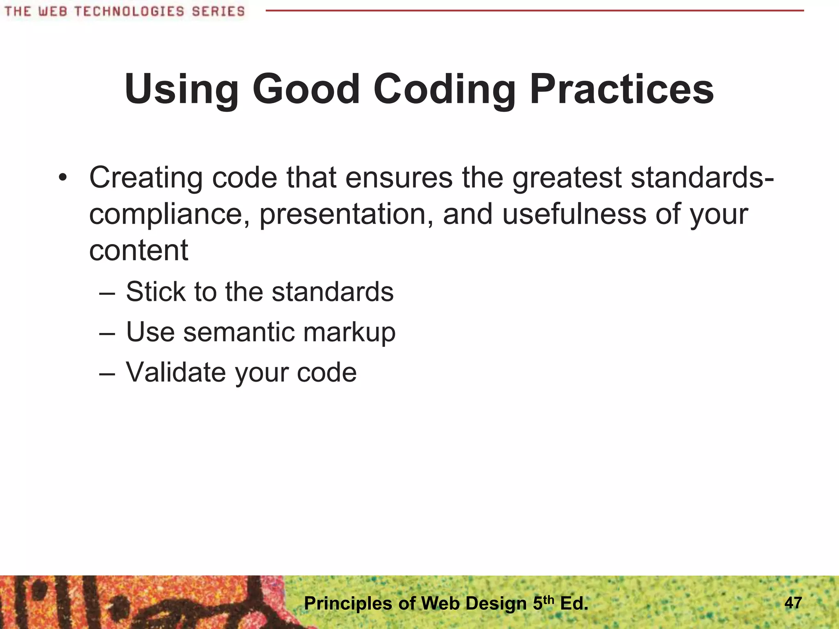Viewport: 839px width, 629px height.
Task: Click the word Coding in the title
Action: pos(444,90)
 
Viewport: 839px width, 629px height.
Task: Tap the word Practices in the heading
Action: pos(622,89)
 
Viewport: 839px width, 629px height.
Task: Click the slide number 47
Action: pos(793,603)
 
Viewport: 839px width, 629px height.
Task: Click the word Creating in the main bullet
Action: pos(146,178)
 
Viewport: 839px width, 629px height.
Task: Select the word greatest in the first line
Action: pos(567,178)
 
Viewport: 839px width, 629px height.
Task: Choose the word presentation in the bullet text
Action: pos(347,215)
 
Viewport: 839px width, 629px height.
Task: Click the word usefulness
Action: pos(574,214)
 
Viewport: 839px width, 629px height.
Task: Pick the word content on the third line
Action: pos(138,250)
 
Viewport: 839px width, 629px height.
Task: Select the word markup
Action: pos(349,333)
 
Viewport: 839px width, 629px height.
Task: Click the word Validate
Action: pos(176,372)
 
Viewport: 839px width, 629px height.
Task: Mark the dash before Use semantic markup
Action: pos(107,333)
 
